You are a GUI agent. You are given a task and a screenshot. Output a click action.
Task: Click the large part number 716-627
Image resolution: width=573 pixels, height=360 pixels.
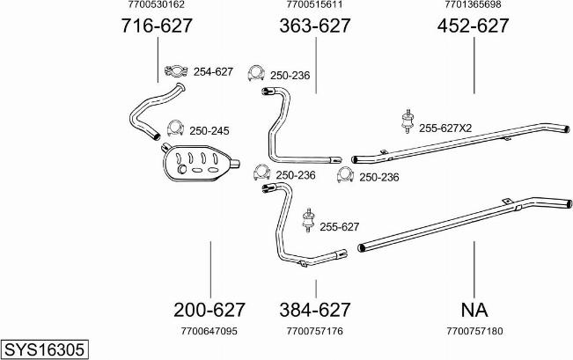[x=157, y=26]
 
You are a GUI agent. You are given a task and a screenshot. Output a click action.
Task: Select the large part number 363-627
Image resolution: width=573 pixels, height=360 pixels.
[x=315, y=26]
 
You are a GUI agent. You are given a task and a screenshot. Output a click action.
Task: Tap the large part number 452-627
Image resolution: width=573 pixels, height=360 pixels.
[x=473, y=26]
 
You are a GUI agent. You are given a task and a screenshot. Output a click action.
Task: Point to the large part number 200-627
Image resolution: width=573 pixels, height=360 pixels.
[x=209, y=310]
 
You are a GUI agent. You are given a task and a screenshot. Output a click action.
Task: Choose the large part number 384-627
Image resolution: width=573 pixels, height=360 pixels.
[x=315, y=310]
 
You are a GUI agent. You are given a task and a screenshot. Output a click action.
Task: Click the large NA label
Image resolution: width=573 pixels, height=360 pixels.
[x=474, y=310]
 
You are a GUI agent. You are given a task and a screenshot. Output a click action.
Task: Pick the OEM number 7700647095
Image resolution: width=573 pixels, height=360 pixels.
[x=209, y=331]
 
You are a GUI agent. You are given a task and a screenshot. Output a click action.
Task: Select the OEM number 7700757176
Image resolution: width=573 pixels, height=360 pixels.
[x=315, y=331]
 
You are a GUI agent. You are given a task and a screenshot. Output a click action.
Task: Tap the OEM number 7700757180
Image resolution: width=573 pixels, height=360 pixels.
[x=474, y=331]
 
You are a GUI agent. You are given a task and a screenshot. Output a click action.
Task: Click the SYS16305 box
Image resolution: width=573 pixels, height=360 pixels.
[x=45, y=349]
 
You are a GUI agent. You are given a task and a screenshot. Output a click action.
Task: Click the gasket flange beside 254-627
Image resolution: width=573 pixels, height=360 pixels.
[x=176, y=71]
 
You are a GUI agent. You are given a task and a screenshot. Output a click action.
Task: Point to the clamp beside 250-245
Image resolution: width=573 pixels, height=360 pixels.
[x=175, y=128]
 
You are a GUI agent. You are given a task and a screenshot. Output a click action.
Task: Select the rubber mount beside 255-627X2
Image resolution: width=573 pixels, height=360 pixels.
[x=407, y=121]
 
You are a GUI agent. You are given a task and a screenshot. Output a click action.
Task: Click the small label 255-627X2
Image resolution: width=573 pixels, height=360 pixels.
[x=445, y=129]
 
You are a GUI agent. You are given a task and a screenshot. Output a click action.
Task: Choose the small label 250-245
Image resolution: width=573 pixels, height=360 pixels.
[x=209, y=131]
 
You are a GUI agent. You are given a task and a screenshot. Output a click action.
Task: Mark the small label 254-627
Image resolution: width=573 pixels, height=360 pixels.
[x=213, y=71]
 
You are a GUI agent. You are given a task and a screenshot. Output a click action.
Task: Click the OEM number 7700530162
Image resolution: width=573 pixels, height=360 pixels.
[x=157, y=4]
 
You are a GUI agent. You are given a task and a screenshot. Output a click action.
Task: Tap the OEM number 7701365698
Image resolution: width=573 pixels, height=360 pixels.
[x=473, y=4]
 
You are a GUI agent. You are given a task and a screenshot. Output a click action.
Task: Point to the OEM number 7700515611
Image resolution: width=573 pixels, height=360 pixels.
[x=314, y=4]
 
